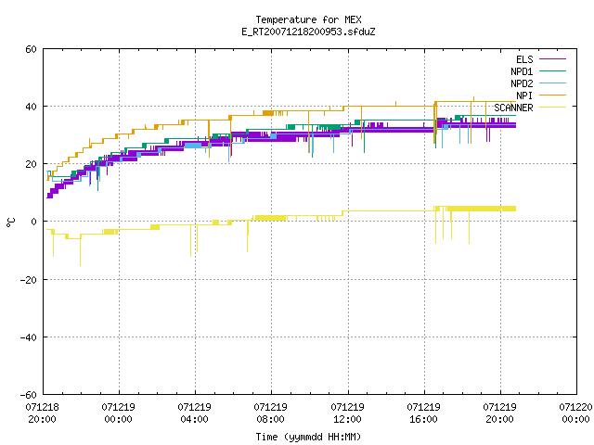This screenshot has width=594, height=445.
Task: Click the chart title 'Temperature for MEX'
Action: coord(308,19)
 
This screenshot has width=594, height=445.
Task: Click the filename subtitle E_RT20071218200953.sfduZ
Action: coord(308,32)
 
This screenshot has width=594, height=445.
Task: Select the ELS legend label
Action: coord(524,59)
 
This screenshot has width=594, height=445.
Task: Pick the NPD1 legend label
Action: coord(522,71)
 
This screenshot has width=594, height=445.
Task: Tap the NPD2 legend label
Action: coord(522,83)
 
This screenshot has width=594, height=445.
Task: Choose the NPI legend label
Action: coord(524,95)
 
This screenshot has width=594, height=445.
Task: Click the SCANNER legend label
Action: coord(513,108)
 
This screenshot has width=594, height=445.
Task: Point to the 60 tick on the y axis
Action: coord(31,49)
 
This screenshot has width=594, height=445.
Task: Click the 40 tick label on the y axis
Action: coord(31,107)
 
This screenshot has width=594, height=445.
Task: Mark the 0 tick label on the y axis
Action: coord(34,222)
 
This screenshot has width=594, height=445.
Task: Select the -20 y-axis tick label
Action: coord(29,280)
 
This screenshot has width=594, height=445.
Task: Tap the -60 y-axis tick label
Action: coord(29,395)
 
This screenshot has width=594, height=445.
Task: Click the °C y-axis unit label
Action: coord(10,222)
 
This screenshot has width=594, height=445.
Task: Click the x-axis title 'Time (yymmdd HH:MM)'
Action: coord(308,437)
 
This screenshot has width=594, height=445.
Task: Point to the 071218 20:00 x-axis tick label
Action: coord(42,413)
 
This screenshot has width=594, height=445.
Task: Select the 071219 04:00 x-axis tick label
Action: coord(194,413)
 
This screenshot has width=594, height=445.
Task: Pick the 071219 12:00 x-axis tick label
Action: coord(347,413)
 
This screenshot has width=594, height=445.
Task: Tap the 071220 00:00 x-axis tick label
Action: coord(575,413)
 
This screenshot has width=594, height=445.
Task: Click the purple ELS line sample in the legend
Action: coord(552,59)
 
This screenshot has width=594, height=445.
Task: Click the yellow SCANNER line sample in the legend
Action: coord(552,108)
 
